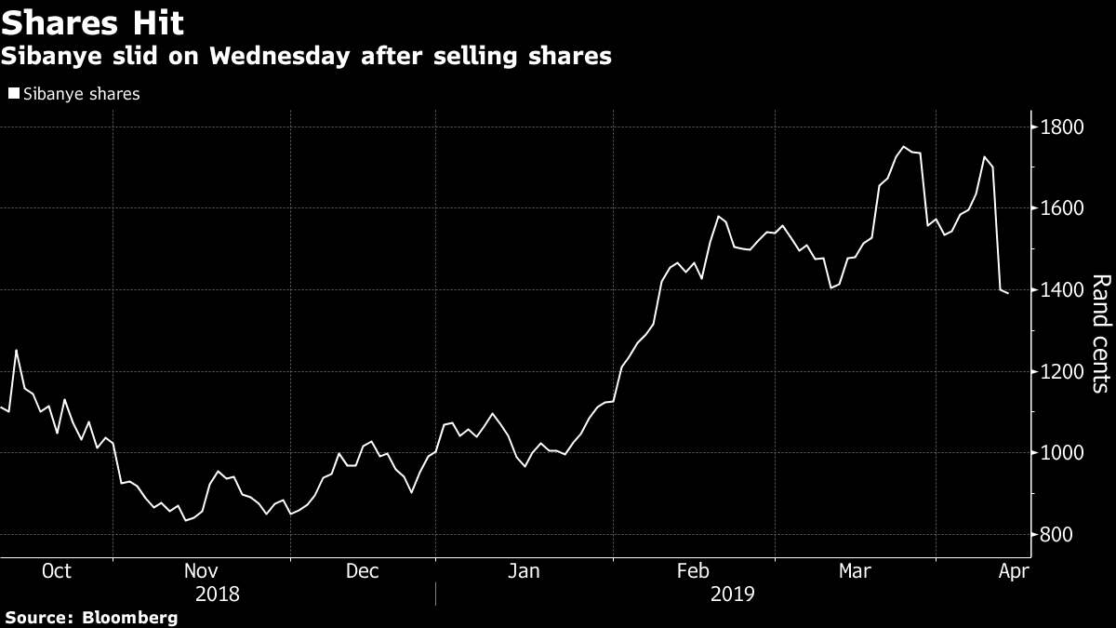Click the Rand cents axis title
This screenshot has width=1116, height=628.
(x=1100, y=333)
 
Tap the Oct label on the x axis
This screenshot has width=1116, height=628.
(x=57, y=570)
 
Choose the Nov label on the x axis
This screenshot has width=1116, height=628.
(x=202, y=570)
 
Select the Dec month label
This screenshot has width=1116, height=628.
(x=362, y=570)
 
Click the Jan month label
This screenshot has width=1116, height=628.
(x=524, y=570)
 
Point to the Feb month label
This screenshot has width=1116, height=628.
(x=694, y=570)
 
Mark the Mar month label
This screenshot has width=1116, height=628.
(x=856, y=570)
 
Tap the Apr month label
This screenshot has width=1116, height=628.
(x=1012, y=570)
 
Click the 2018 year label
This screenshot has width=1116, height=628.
(x=218, y=593)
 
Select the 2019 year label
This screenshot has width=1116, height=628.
(x=733, y=593)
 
